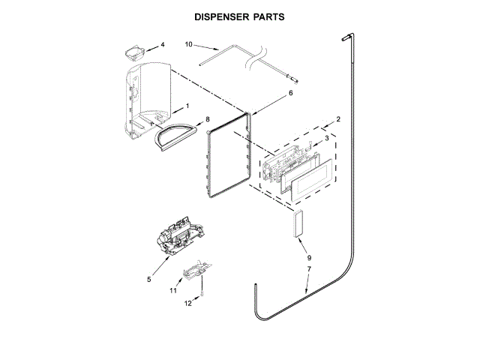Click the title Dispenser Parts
tap(239, 16)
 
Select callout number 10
tap(188, 45)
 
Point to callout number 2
tap(338, 119)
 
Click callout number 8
tap(208, 118)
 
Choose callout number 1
tap(187, 106)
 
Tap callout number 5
tap(149, 279)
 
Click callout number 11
tap(172, 289)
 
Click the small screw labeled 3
tap(307, 144)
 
